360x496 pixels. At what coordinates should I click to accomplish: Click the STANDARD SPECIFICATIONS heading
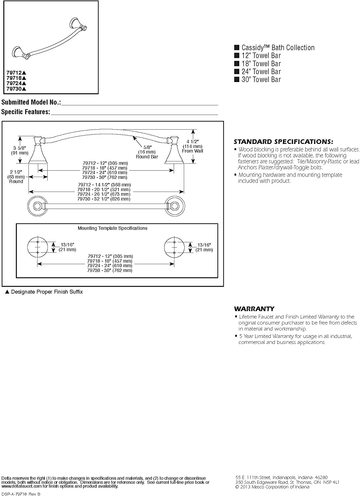click(x=283, y=142)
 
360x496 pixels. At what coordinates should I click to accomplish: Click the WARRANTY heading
click(x=254, y=309)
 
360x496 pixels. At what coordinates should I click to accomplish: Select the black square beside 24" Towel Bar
click(x=237, y=71)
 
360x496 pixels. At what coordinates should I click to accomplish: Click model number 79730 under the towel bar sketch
click(x=14, y=89)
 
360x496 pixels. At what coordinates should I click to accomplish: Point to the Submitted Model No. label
click(x=31, y=102)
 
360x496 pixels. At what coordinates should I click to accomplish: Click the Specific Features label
click(x=25, y=112)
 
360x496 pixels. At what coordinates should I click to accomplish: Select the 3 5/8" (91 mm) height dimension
click(x=20, y=150)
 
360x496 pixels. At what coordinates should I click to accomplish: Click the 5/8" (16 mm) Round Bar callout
click(x=147, y=152)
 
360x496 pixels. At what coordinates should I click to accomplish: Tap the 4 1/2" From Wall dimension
click(x=193, y=146)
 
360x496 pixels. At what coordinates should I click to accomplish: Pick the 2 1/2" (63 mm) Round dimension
click(x=16, y=177)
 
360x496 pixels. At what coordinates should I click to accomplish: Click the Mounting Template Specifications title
click(x=112, y=228)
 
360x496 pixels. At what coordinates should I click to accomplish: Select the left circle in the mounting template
click(x=38, y=247)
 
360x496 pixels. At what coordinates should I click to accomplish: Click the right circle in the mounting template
click(x=174, y=247)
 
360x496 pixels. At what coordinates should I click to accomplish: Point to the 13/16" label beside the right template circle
click(x=204, y=245)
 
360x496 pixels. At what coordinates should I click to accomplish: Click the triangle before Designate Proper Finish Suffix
click(x=7, y=292)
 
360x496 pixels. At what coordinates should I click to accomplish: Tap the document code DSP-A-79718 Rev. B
click(x=21, y=494)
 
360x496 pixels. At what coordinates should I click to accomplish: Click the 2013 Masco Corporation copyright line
click(x=272, y=487)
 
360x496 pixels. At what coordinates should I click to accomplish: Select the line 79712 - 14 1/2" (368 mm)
click(x=104, y=185)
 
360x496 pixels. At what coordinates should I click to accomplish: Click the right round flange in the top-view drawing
click(x=175, y=206)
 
